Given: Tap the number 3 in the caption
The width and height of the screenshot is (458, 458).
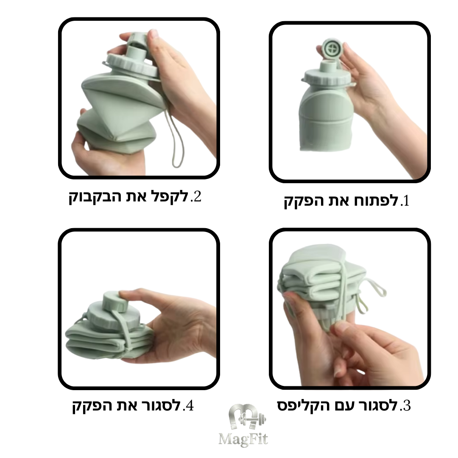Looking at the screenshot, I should [x=406, y=406].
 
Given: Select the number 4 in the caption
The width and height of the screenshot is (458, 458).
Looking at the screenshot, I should [x=189, y=406].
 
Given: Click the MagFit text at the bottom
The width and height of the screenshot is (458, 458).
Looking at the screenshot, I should [x=243, y=438].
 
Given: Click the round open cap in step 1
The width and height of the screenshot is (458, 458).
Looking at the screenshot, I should [x=332, y=49].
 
